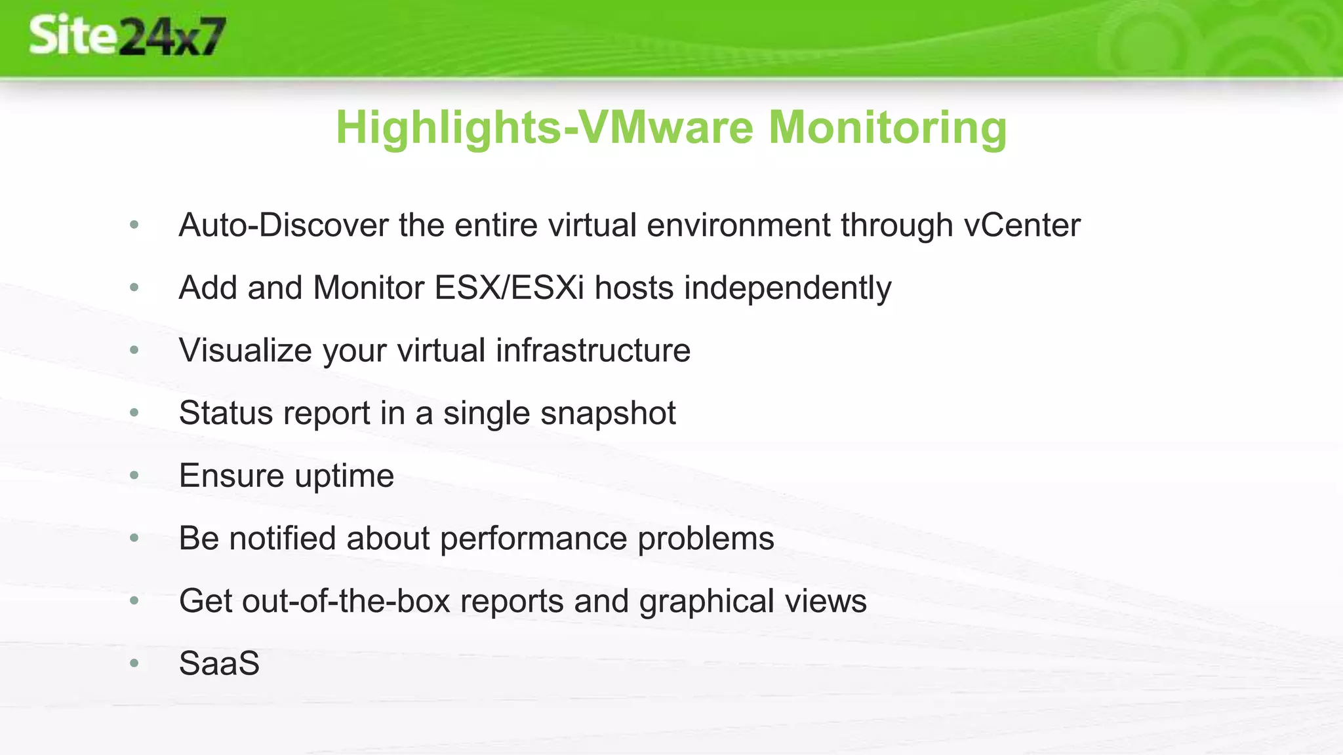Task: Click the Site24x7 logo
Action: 127,37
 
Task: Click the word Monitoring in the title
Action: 887,127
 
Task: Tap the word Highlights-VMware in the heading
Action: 544,127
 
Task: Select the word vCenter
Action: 1022,225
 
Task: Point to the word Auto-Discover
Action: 283,225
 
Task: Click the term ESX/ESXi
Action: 509,288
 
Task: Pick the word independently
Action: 788,288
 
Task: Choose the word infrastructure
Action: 593,350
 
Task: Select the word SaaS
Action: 219,663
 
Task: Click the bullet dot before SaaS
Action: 134,663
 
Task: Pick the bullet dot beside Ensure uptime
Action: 134,475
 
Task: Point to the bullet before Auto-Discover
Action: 134,225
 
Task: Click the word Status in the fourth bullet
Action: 226,413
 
